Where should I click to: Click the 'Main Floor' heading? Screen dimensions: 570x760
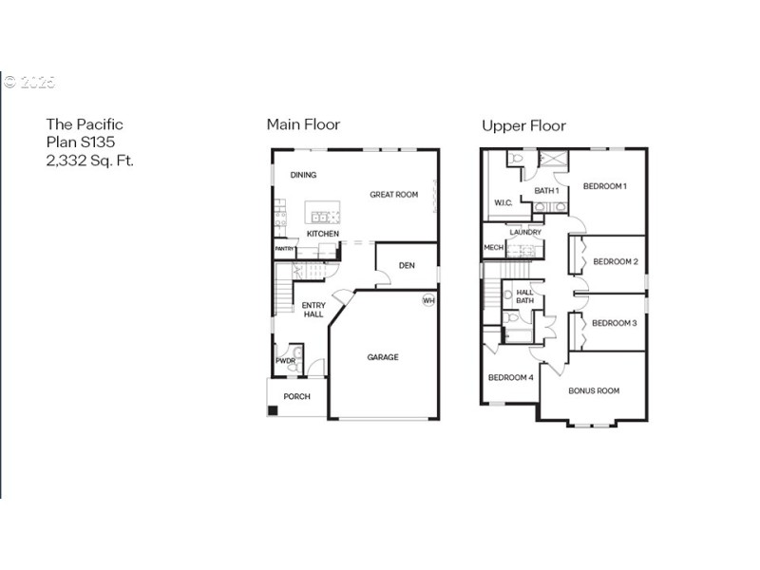point(303,124)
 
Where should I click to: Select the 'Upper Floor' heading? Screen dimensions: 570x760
point(523,125)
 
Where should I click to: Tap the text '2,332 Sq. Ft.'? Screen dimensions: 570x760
point(90,161)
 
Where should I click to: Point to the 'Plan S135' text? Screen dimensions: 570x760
point(81,142)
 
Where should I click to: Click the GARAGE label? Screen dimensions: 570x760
point(383,357)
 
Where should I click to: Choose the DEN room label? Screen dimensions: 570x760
point(407,265)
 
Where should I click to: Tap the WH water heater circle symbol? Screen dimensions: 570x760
point(428,300)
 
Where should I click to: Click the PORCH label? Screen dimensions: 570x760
point(296,396)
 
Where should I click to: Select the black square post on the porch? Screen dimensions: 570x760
point(273,410)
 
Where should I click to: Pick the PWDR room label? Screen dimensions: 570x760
point(285,361)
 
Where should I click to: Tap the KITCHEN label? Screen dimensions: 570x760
point(322,234)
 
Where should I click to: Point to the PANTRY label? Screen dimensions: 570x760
point(284,250)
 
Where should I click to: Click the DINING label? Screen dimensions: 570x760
point(303,175)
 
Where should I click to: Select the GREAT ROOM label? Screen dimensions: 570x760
point(393,195)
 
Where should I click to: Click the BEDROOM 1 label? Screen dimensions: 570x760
point(604,186)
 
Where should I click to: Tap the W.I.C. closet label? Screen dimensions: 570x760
point(503,202)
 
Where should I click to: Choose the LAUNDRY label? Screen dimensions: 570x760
point(525,232)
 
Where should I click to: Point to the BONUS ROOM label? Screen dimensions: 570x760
point(594,390)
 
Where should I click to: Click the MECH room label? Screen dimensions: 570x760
point(493,248)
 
